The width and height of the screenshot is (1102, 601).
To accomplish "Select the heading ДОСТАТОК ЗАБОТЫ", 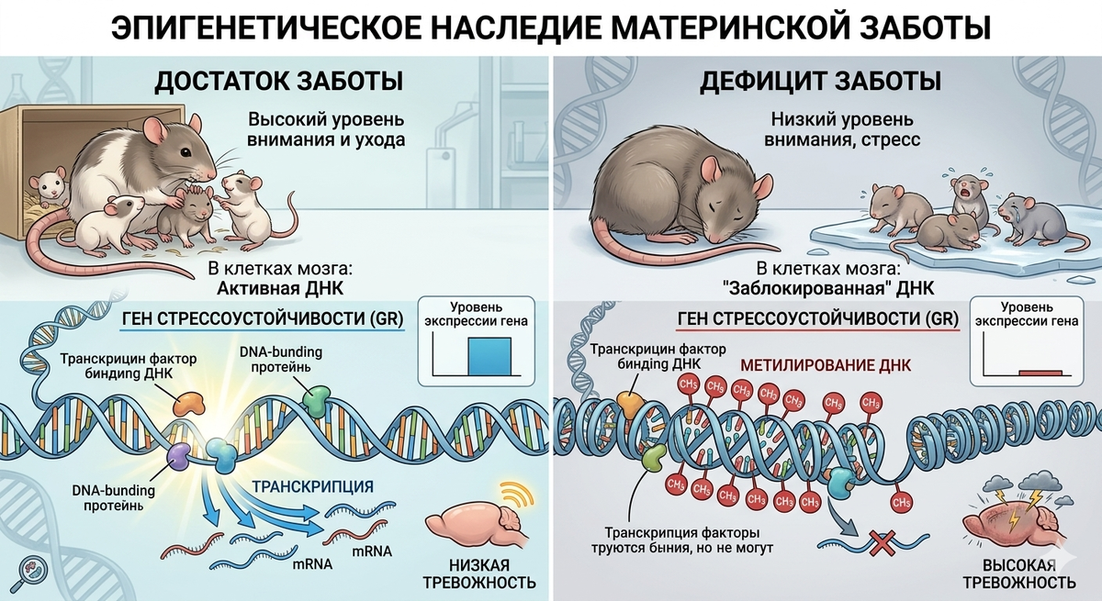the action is point(278,81).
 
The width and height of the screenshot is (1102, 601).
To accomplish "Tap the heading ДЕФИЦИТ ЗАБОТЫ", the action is point(820,81).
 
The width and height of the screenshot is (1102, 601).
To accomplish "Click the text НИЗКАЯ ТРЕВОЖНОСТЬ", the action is point(478,573).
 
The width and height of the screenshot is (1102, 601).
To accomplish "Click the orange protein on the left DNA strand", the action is point(191,401).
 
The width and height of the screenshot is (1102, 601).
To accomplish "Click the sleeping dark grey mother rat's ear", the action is point(711,169).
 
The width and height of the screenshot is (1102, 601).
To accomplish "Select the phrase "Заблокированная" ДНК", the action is point(828,288).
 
